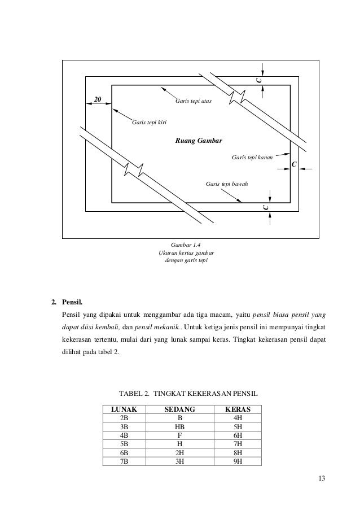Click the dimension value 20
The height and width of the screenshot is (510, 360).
(98, 99)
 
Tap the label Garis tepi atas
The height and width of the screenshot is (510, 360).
(193, 101)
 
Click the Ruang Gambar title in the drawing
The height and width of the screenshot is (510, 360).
(199, 141)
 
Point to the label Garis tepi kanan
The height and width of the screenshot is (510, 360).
(252, 157)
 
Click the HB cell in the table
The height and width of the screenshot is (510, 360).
(179, 427)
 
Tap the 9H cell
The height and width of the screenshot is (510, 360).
(237, 461)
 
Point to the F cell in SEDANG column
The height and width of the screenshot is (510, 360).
(179, 435)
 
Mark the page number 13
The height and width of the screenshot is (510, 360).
(322, 479)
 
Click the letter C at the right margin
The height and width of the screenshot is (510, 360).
(294, 164)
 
